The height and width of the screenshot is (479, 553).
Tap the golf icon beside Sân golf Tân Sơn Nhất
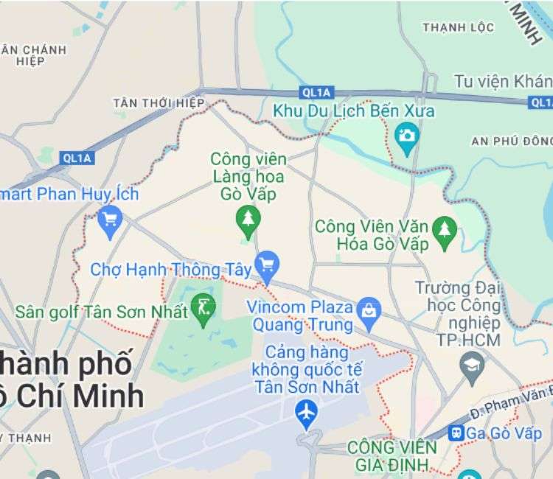tap(202, 309)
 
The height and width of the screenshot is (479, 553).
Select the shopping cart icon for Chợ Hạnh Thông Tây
tap(266, 265)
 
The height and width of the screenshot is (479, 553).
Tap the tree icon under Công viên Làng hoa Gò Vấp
tap(248, 218)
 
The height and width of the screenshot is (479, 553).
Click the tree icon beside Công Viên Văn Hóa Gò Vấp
tap(444, 229)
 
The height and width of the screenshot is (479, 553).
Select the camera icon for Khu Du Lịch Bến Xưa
tap(406, 136)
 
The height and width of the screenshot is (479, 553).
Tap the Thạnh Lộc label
tap(458, 27)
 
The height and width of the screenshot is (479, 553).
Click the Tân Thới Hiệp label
tap(158, 103)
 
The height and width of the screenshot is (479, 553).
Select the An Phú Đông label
tap(511, 140)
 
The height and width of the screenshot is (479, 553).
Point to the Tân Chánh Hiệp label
tap(33, 55)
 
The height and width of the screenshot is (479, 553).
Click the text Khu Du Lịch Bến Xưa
tap(354, 111)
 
